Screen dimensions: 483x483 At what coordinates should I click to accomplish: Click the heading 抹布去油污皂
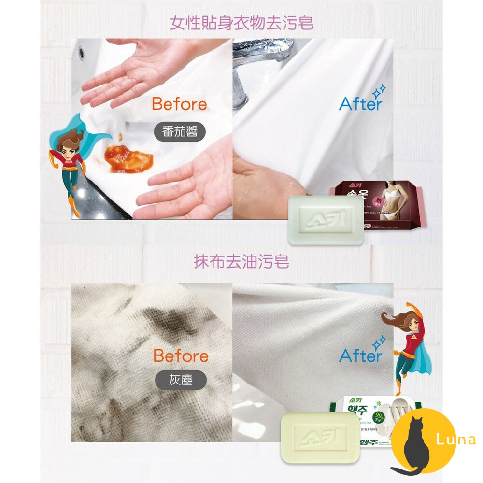(x=241, y=261)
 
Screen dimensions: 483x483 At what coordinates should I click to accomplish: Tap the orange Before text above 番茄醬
(x=179, y=104)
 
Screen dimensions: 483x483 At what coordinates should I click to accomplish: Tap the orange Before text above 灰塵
(x=181, y=356)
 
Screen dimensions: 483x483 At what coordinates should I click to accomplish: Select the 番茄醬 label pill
(x=180, y=131)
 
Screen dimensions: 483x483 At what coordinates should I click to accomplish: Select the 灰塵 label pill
(x=181, y=380)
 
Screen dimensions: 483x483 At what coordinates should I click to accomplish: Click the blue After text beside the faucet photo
(x=360, y=103)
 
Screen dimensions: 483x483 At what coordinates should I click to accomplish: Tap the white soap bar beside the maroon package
(x=326, y=220)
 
